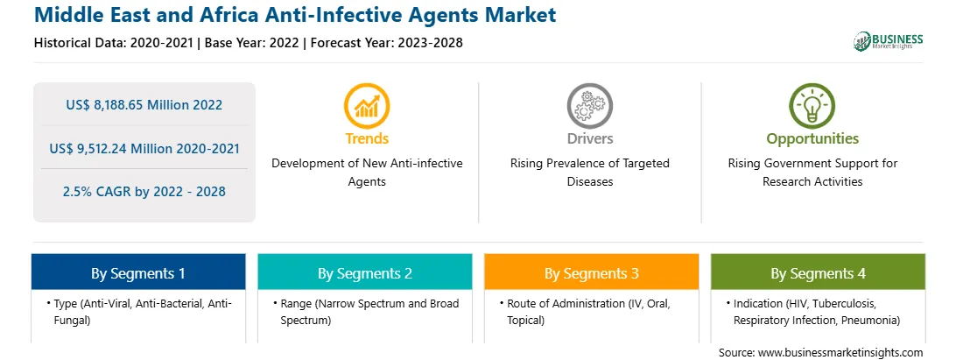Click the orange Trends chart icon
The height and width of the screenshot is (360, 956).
[367, 106]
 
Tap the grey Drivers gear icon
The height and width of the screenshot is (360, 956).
[589, 106]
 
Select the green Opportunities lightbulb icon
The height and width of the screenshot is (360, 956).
[812, 106]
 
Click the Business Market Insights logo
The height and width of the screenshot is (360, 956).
[889, 41]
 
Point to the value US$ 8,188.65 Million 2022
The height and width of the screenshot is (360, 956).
[144, 105]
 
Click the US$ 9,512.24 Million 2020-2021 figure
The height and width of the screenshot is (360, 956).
[144, 148]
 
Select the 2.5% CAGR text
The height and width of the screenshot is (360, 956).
[144, 192]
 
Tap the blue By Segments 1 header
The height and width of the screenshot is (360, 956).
[138, 272]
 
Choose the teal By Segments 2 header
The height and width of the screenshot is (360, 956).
[364, 272]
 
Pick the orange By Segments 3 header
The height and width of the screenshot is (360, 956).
[592, 272]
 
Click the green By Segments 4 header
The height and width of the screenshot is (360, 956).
[818, 272]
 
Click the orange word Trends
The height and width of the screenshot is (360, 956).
[367, 138]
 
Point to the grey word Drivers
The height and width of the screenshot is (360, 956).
[590, 138]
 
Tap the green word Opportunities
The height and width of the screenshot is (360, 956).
[812, 139]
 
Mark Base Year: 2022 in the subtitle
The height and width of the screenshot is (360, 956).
[252, 43]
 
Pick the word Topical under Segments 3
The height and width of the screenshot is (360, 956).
[525, 321]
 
